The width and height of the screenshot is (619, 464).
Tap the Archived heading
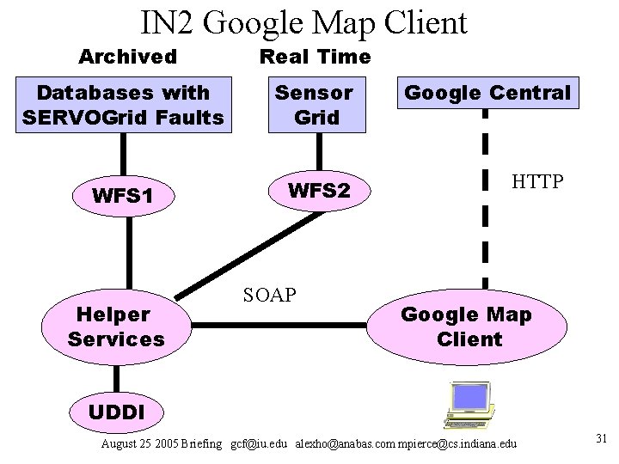click(127, 57)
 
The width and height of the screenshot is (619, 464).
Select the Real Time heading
click(315, 57)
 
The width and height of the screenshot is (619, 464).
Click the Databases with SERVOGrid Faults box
click(126, 104)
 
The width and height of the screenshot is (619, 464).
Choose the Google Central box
click(487, 93)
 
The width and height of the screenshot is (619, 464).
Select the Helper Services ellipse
click(117, 327)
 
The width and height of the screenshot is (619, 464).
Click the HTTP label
click(537, 182)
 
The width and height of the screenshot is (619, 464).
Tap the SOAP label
click(270, 295)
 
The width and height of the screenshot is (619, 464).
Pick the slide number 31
click(601, 439)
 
